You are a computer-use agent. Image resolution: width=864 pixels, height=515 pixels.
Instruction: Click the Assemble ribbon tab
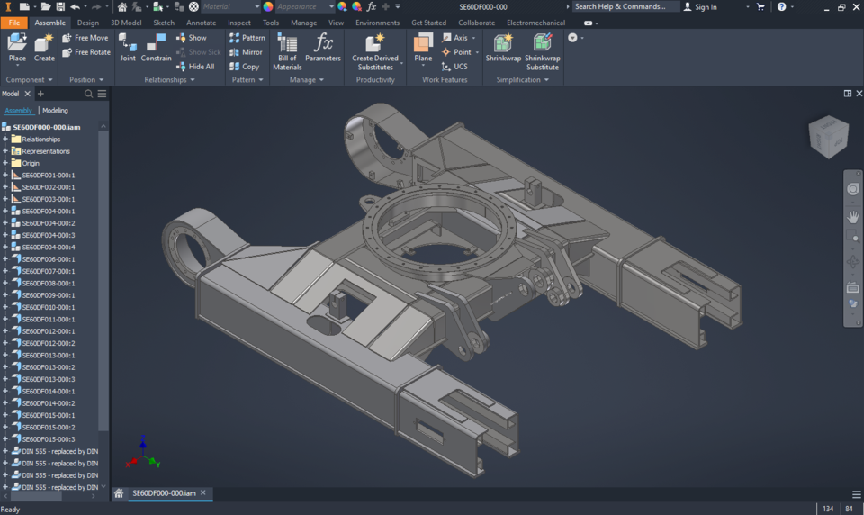(49, 23)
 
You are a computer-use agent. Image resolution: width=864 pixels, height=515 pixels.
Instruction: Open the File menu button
(13, 23)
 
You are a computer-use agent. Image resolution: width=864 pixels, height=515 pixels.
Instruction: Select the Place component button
(17, 48)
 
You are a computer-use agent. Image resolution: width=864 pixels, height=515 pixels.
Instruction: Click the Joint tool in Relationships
(128, 48)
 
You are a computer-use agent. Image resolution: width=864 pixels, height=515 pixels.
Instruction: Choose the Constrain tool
(156, 48)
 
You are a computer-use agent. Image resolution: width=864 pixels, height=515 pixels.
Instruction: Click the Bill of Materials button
(287, 51)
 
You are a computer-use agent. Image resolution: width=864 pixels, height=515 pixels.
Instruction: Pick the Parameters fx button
(322, 48)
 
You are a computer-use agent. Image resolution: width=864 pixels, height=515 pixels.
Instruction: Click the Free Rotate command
(86, 52)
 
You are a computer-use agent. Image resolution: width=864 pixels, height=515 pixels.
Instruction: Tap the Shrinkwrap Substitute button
(542, 51)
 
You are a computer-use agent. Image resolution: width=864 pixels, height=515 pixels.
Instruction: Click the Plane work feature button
(423, 48)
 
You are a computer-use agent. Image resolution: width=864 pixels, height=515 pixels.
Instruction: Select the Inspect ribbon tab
(239, 23)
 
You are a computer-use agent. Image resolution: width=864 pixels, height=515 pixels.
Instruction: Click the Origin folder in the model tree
(31, 163)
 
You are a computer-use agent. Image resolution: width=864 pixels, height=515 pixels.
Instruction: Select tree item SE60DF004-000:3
(49, 235)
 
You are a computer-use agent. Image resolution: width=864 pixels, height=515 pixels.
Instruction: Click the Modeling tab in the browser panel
(55, 111)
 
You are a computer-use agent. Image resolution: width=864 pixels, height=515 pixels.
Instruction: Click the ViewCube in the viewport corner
(827, 137)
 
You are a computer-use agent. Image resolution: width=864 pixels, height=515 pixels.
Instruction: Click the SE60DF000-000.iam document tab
(164, 493)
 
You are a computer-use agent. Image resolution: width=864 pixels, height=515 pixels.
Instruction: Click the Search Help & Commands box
(625, 7)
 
